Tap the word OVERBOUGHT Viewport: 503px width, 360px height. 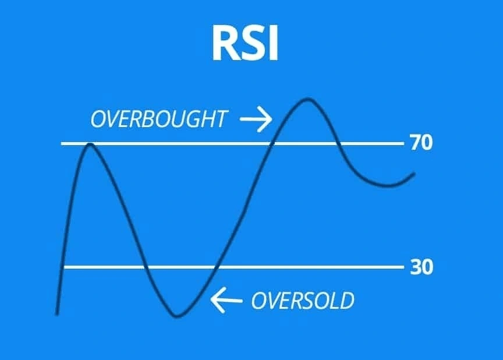tap(158, 119)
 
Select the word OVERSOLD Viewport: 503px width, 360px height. tap(302, 301)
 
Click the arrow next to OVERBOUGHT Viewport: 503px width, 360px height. tap(256, 119)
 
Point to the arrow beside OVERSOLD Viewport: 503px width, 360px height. tap(226, 301)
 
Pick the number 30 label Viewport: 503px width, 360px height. tap(421, 268)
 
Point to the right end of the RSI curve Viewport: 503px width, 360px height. tap(414, 174)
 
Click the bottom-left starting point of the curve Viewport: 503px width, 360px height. tap(56, 314)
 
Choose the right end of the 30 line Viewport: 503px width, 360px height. tap(402, 267)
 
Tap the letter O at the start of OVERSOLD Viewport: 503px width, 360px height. tap(257, 301)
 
